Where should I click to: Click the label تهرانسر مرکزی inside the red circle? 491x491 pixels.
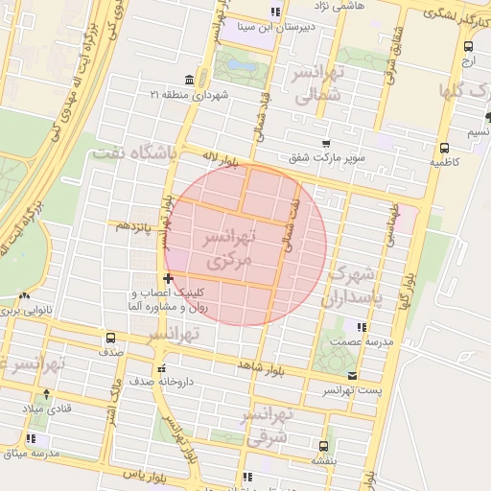pyautogui.click(x=226, y=247)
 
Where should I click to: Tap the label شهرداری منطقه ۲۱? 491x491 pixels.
pyautogui.click(x=191, y=95)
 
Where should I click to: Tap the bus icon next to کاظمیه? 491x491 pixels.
pyautogui.click(x=444, y=148)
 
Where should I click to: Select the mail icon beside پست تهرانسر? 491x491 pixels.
pyautogui.click(x=353, y=376)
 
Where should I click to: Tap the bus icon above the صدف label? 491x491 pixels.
pyautogui.click(x=110, y=338)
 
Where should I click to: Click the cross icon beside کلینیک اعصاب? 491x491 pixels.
pyautogui.click(x=169, y=278)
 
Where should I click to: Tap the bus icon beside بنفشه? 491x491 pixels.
pyautogui.click(x=322, y=445)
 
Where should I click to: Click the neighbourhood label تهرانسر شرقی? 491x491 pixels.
pyautogui.click(x=268, y=426)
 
